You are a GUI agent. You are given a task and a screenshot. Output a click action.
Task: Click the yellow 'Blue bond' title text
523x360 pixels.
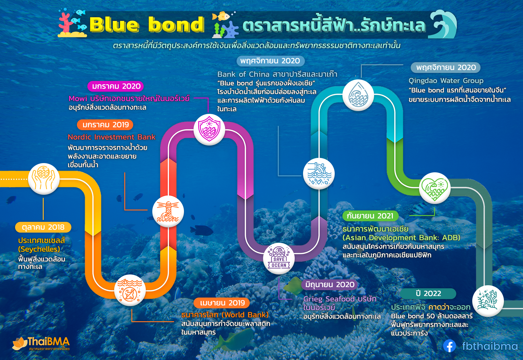tap(147, 24)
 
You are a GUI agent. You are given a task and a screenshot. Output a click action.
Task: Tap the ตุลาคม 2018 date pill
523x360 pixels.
tap(43, 227)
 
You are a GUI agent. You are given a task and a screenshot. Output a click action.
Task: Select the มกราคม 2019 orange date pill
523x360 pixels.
tap(105, 125)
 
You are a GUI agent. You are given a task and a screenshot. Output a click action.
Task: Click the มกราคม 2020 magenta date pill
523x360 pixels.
tap(116, 86)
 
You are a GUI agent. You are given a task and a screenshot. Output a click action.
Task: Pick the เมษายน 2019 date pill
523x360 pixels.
tap(222, 303)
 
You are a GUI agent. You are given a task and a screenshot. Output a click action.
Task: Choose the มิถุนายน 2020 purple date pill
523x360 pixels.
tap(329, 285)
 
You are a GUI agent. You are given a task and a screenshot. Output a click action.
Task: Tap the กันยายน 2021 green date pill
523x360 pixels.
tap(370, 216)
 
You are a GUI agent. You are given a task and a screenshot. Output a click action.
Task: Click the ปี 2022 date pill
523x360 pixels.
tap(428, 294)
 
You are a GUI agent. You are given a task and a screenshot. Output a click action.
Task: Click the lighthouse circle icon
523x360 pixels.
tap(168, 211)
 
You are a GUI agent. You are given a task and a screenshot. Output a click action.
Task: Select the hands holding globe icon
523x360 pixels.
tap(44, 179)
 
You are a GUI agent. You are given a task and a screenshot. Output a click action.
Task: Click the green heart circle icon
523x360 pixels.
tap(434, 188)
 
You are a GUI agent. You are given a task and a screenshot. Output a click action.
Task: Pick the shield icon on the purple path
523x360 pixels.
tap(209, 129)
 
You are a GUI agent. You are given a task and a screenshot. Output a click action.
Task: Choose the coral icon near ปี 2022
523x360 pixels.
tap(488, 301)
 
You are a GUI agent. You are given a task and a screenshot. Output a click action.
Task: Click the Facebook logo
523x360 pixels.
tap(449, 346)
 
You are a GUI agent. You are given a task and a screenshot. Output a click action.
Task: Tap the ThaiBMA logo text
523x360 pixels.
tap(49, 342)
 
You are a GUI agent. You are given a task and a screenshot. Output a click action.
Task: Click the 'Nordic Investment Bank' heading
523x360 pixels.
tap(112, 137)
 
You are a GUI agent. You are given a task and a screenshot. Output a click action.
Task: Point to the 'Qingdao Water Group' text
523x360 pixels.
tap(446, 81)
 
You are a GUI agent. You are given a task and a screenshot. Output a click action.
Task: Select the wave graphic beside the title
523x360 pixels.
tap(442, 24)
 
